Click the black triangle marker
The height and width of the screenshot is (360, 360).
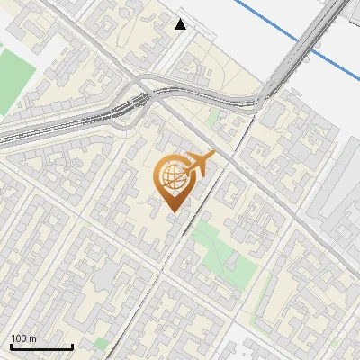pyautogui.click(x=181, y=24)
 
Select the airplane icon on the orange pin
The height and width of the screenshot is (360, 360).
pyautogui.click(x=200, y=164)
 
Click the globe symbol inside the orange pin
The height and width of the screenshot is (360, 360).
pyautogui.click(x=171, y=176)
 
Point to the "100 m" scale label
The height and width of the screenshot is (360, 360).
pyautogui.click(x=24, y=338)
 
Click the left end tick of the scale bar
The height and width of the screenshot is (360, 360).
pyautogui.click(x=11, y=346)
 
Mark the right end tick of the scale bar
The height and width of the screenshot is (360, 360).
pyautogui.click(x=72, y=346)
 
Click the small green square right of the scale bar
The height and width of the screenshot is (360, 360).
pyautogui.click(x=100, y=343)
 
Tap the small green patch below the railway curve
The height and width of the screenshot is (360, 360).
pyautogui.click(x=212, y=118)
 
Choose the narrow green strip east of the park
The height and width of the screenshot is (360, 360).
pyautogui.click(x=265, y=297)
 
